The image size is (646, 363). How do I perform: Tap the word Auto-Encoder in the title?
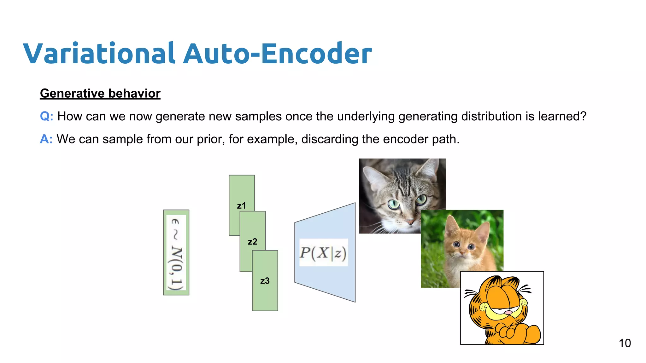pos(278,54)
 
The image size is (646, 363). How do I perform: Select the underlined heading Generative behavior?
pos(100,94)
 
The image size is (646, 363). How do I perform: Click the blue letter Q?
pos(46,116)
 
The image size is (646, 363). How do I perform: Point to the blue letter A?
pos(46,139)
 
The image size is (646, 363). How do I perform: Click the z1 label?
pos(241,206)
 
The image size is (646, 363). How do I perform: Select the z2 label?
pos(252,242)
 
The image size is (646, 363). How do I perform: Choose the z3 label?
pos(265,281)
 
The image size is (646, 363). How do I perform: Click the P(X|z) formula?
pos(323,253)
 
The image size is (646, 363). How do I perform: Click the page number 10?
pos(625,343)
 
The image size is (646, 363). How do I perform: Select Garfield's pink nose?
pos(508,313)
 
